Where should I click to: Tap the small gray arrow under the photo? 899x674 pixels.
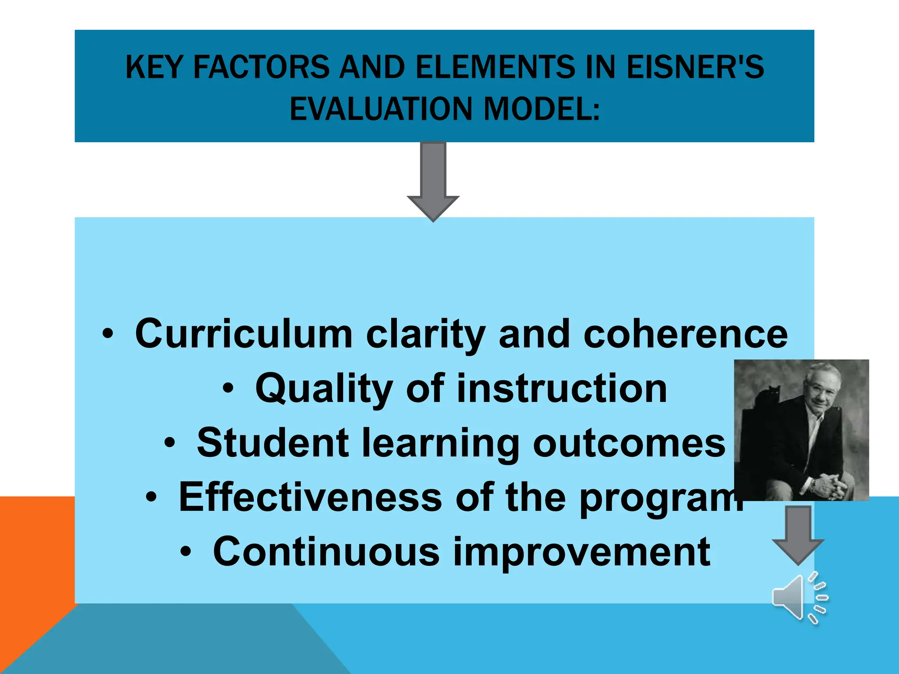tap(798, 533)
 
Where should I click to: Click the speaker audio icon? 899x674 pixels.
tap(799, 597)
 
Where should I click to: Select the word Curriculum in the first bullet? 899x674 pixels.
tap(244, 334)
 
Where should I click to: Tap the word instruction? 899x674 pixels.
tap(562, 389)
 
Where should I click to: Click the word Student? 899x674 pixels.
tap(273, 443)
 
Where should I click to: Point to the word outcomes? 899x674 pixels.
tap(629, 443)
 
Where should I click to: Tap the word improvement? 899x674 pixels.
tap(581, 552)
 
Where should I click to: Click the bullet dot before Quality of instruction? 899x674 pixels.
tap(228, 388)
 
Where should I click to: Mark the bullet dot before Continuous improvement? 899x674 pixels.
tap(186, 552)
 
